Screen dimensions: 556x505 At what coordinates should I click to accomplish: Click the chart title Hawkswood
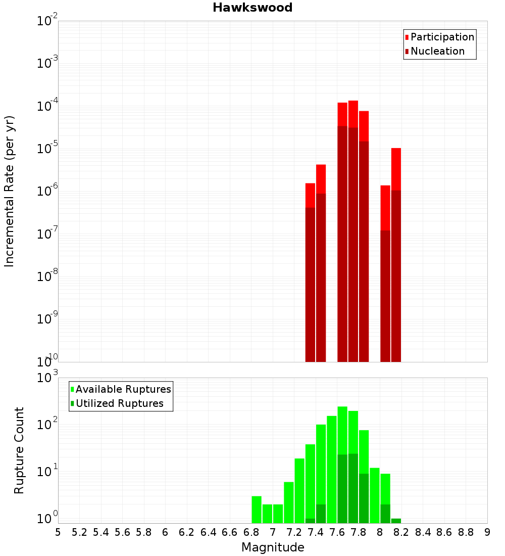pos(252,8)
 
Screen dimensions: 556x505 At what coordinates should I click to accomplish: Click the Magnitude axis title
pos(273,547)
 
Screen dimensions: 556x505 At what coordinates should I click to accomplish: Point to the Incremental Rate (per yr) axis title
pos(10,192)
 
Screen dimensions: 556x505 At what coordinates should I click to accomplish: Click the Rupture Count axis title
pos(19,450)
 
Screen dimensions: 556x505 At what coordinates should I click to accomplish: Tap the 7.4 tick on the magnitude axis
pos(315,532)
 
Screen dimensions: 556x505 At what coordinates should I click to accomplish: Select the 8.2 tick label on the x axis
pos(401,532)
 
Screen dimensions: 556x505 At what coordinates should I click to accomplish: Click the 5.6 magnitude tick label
pos(122,532)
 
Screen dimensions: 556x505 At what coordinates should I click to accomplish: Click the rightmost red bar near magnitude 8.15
pos(396,253)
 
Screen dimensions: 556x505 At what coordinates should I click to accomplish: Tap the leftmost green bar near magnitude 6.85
pos(257,509)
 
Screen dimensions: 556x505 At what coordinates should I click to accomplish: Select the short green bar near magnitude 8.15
pos(396,521)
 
